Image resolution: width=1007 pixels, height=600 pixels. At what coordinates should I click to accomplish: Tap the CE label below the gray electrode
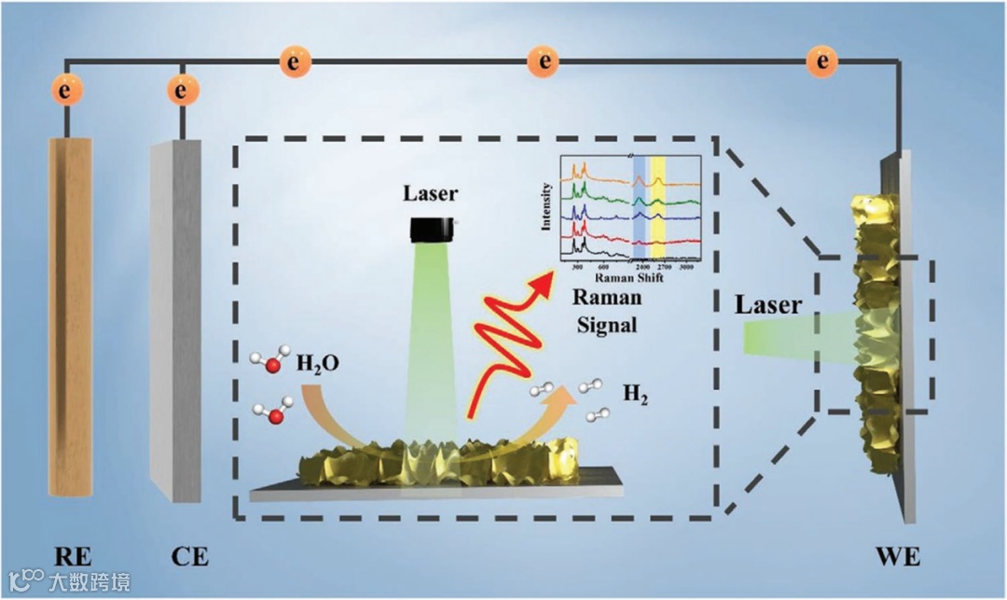coord(189,557)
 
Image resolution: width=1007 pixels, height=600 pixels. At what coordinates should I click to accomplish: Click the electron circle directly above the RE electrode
coord(65,91)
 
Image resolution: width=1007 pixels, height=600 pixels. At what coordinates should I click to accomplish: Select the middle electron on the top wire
coord(542,63)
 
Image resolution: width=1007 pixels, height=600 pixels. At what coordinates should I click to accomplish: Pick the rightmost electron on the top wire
coord(822,63)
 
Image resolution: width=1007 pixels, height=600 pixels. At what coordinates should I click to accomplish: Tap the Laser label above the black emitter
coord(431,194)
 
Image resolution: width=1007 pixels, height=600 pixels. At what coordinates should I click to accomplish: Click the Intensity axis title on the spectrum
coord(546,206)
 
